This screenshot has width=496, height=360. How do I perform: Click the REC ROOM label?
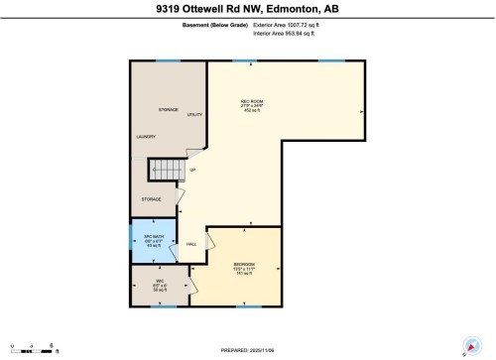[251, 102]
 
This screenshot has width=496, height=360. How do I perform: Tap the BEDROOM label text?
[243, 261]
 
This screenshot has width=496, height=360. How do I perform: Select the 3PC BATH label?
[154, 238]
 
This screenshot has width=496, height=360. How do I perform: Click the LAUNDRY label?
[147, 137]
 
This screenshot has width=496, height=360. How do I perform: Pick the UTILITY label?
[194, 115]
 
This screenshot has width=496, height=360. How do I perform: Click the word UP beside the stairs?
[192, 170]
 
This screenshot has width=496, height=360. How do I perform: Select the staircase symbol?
[165, 171]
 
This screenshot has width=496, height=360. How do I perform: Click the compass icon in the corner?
[466, 346]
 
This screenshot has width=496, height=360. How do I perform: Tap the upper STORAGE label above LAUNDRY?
[168, 109]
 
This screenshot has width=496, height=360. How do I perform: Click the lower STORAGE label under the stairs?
[151, 199]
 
